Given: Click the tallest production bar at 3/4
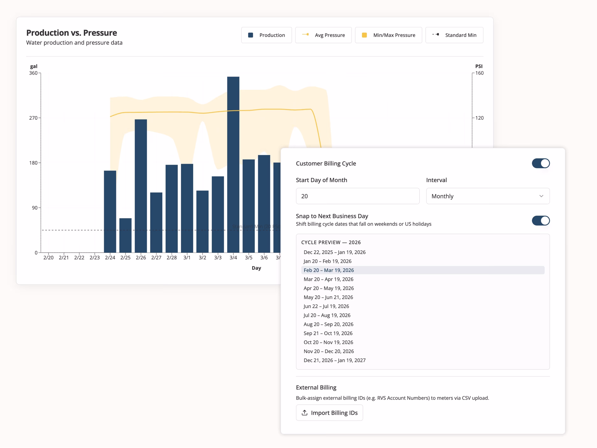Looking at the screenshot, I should pyautogui.click(x=233, y=165).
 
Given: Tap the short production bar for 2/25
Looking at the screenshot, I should pyautogui.click(x=125, y=236).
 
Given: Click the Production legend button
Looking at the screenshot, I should pyautogui.click(x=266, y=35).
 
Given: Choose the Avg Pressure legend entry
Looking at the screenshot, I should pyautogui.click(x=323, y=35).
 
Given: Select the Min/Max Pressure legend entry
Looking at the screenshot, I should pyautogui.click(x=388, y=35).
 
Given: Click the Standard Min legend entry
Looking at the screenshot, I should pyautogui.click(x=454, y=35).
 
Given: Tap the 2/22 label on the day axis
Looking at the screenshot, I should pyautogui.click(x=79, y=258).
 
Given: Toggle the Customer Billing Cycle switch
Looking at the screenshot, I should pyautogui.click(x=541, y=163).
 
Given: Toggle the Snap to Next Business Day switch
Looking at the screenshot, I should pyautogui.click(x=541, y=221).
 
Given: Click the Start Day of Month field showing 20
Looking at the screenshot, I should pyautogui.click(x=358, y=196).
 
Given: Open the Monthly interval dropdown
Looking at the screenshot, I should pyautogui.click(x=488, y=196).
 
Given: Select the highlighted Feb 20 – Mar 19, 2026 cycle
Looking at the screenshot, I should pyautogui.click(x=329, y=270).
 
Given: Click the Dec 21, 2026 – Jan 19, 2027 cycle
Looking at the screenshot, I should pyautogui.click(x=334, y=360).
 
